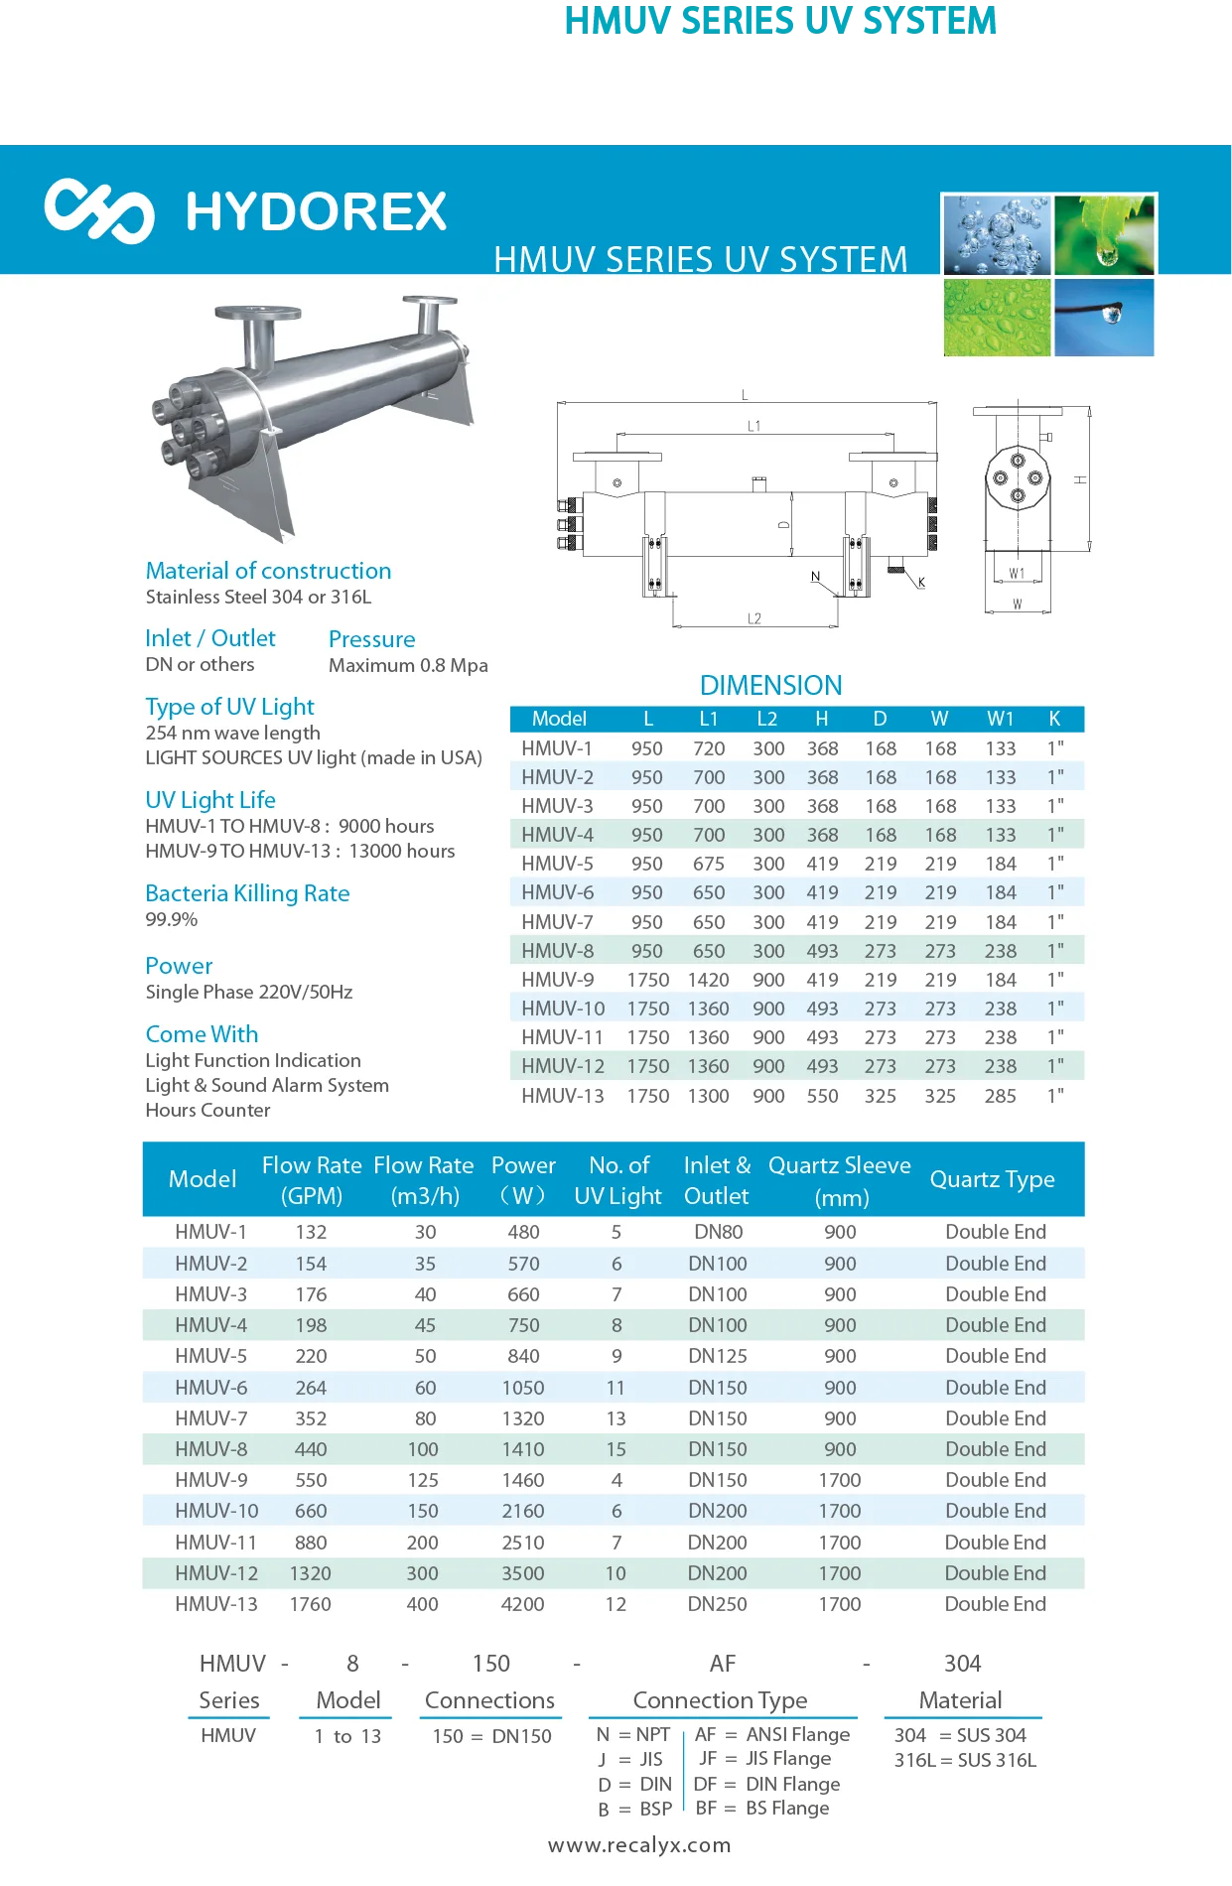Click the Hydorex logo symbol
pos(99,210)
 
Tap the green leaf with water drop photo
pos(1104,235)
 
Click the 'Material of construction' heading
pos(268,571)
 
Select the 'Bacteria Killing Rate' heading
pos(247,893)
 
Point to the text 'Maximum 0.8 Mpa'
pos(408,665)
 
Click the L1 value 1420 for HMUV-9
pos(708,980)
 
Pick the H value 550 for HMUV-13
pos(822,1096)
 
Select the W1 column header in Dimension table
pos(1000,719)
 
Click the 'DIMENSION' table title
pos(770,685)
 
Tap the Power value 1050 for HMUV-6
pos(523,1388)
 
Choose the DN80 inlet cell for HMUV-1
pos(718,1232)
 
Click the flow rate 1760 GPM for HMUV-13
pos(310,1604)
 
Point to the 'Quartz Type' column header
pos(992,1179)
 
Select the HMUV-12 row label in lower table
pos(216,1573)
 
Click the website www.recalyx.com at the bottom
pos(639,1845)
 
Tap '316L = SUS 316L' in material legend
pos(965,1760)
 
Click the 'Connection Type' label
pos(720,1700)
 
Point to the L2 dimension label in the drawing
pos(754,618)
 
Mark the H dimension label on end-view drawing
pos(1080,479)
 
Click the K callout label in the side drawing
pos(921,583)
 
